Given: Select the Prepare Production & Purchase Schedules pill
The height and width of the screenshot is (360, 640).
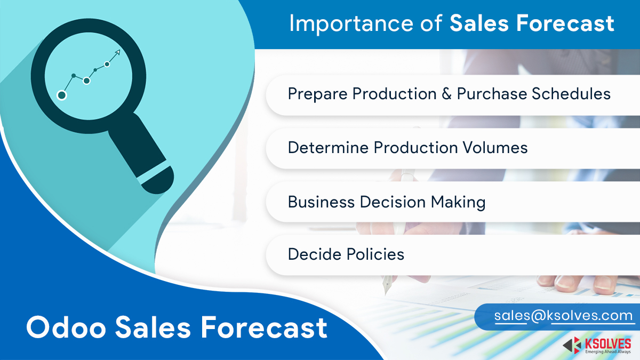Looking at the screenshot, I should click(449, 94).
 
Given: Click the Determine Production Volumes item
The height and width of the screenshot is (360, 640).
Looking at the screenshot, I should click(407, 147).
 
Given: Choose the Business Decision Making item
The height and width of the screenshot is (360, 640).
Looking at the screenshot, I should click(386, 202).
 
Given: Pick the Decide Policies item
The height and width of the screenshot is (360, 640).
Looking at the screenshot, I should click(346, 254).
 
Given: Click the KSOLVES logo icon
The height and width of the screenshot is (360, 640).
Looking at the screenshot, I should click(572, 345).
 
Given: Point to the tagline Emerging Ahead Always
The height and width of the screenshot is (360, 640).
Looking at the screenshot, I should click(607, 351).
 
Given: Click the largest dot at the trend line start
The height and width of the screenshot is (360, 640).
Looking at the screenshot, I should click(62, 95).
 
